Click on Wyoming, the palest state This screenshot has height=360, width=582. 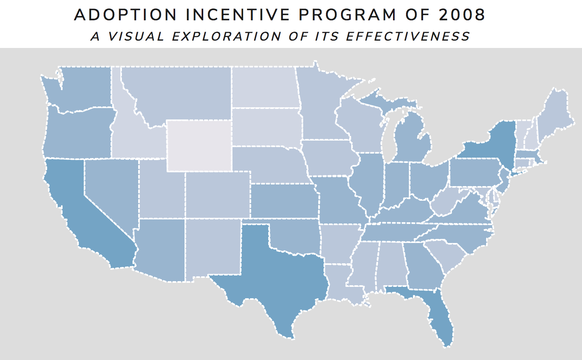tap(199, 145)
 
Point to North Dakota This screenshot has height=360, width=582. tap(264, 87)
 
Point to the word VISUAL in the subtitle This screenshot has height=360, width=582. tap(136, 37)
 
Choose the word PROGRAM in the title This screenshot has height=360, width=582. tap(347, 15)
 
